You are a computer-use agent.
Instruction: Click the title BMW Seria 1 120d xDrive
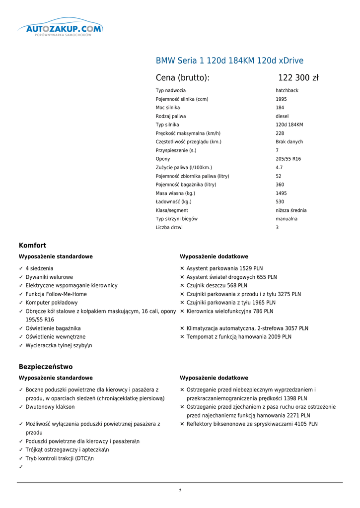pyautogui.click(x=229, y=61)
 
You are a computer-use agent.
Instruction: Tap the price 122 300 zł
pyautogui.click(x=298, y=78)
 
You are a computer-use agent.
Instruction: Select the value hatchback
pyautogui.click(x=287, y=91)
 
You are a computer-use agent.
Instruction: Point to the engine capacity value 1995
pyautogui.click(x=281, y=99)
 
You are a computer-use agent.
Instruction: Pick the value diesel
pyautogui.click(x=282, y=116)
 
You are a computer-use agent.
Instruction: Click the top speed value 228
pyautogui.click(x=280, y=133)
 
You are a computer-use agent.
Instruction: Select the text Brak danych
pyautogui.click(x=289, y=142)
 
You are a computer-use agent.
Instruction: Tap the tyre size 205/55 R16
pyautogui.click(x=288, y=159)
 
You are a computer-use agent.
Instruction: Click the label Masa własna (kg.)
pyautogui.click(x=175, y=193)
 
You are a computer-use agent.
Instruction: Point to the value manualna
pyautogui.click(x=287, y=219)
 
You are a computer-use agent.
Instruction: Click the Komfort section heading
pyautogui.click(x=33, y=246)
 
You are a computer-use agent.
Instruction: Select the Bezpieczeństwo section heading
pyautogui.click(x=46, y=367)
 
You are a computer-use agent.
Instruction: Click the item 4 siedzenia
pyautogui.click(x=39, y=268)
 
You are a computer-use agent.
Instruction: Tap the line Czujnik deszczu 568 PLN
pyautogui.click(x=216, y=286)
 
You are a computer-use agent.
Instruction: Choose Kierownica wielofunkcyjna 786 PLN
pyautogui.click(x=229, y=312)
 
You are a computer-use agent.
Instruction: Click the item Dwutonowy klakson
pyautogui.click(x=50, y=407)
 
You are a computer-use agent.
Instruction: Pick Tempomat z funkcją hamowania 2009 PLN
pyautogui.click(x=238, y=337)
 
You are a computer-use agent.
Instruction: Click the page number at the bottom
pyautogui.click(x=180, y=491)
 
